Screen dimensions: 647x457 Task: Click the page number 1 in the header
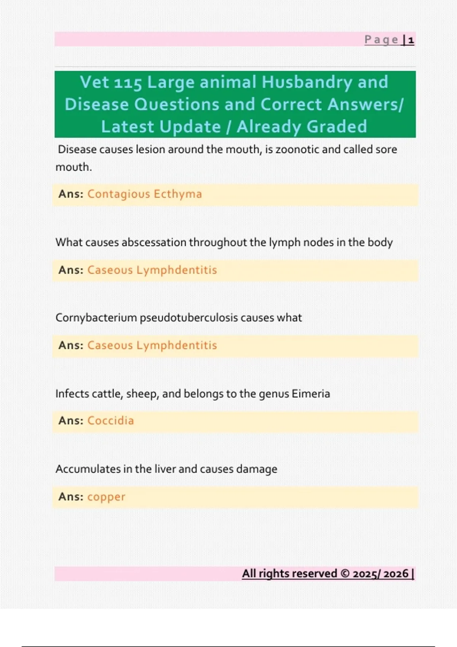[411, 40]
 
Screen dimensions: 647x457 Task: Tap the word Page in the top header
[381, 40]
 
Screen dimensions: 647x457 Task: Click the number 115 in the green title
[128, 83]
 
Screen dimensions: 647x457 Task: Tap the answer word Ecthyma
[178, 194]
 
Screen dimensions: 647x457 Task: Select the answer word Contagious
[119, 194]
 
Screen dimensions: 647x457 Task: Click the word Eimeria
[311, 394]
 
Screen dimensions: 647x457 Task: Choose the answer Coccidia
[110, 421]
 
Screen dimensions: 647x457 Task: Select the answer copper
[106, 497]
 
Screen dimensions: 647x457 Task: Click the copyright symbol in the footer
[345, 574]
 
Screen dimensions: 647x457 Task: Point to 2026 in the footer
[396, 574]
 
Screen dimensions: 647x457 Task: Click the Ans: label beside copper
[71, 497]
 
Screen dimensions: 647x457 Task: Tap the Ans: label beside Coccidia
[71, 421]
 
